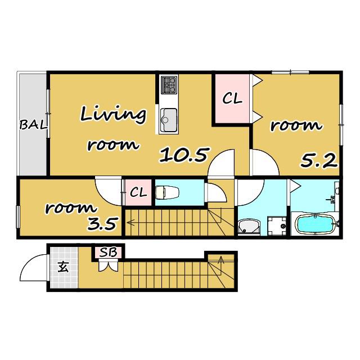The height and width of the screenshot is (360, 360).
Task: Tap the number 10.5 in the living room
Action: [184, 155]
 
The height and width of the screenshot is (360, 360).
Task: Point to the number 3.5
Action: [103, 223]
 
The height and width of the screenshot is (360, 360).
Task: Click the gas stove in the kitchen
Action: [169, 85]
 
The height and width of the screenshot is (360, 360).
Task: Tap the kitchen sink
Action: [169, 120]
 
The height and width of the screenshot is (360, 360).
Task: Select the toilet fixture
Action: [168, 192]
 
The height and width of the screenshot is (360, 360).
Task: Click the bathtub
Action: [315, 224]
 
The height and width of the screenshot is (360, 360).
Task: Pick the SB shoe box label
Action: [109, 253]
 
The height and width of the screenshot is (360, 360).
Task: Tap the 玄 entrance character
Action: [64, 267]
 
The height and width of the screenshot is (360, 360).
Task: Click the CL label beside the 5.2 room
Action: [232, 99]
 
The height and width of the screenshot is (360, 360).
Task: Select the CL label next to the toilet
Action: [138, 192]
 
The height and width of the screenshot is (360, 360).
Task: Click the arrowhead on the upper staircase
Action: [130, 222]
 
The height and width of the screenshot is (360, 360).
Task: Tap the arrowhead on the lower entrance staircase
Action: [221, 259]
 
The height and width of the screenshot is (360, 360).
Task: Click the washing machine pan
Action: [277, 226]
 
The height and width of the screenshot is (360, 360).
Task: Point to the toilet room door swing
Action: [221, 188]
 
